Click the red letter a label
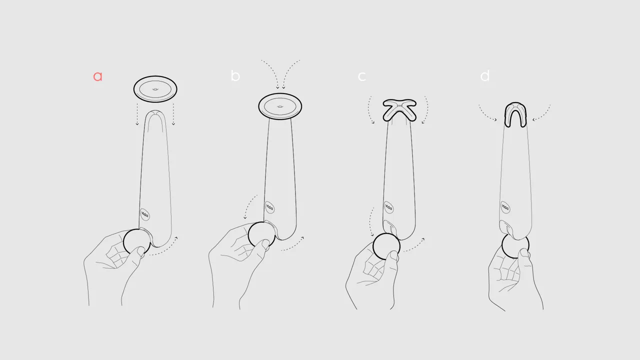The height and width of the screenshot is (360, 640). [x=97, y=76]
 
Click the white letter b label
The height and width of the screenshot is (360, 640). [x=235, y=76]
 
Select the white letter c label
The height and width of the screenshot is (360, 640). [x=362, y=76]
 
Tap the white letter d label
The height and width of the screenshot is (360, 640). [x=484, y=76]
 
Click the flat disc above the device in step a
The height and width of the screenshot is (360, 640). [x=155, y=89]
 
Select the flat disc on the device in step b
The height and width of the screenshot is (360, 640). [x=280, y=106]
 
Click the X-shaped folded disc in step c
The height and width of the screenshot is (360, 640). [x=399, y=110]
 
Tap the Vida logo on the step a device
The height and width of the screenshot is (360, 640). [x=145, y=215]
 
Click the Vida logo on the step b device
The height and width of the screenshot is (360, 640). [x=269, y=208]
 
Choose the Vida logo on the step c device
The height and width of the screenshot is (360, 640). [x=388, y=207]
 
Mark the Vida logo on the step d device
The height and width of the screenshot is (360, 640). [x=505, y=207]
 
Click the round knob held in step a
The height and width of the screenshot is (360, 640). [x=136, y=242]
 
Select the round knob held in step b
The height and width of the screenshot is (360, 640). [x=261, y=235]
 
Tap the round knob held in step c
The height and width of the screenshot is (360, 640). [x=386, y=246]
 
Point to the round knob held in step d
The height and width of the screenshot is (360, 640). [x=515, y=246]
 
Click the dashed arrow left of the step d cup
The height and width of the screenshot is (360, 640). [x=487, y=113]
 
